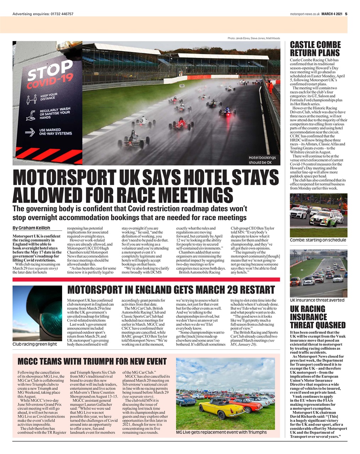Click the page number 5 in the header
coord(346,14)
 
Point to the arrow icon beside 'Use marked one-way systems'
coord(30,133)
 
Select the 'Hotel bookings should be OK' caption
coord(262,160)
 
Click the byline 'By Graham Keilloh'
coord(31,228)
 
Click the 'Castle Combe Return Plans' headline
coord(315,49)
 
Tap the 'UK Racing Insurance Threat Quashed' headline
coord(317,317)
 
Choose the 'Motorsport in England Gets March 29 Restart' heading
coord(171,290)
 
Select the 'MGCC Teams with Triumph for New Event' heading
coord(92,361)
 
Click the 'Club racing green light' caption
coord(35,344)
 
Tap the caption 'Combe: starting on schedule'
coord(318,240)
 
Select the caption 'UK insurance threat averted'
coord(317,300)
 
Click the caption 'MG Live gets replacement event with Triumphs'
coord(221,432)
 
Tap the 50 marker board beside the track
coord(182,85)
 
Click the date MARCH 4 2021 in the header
coord(332,14)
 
